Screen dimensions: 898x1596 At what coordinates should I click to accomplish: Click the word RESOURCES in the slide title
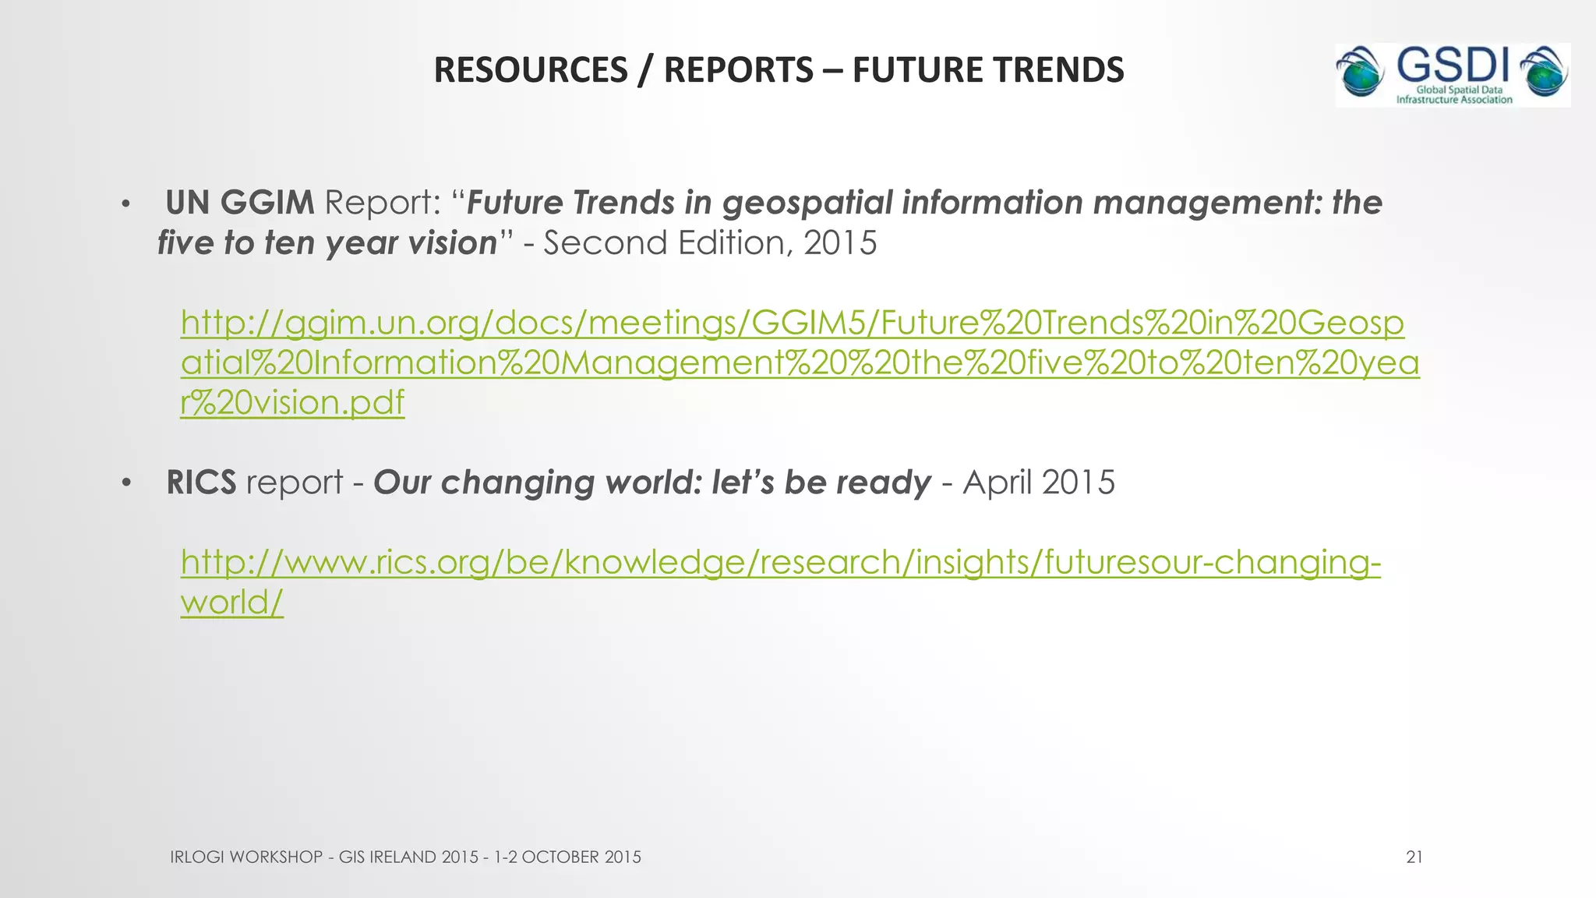pos(530,70)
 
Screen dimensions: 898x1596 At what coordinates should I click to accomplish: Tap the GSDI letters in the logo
pos(1453,65)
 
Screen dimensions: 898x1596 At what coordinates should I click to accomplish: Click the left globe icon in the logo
pos(1360,75)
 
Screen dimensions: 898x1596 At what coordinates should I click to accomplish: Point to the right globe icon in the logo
pos(1545,75)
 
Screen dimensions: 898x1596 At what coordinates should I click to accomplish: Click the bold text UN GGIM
pos(240,203)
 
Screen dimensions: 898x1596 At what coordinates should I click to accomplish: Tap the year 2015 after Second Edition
pos(840,243)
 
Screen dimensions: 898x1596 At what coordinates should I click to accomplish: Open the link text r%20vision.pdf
pos(292,403)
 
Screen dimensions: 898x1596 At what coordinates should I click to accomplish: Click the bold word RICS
pos(201,483)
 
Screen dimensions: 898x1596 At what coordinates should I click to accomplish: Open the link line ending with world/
pos(232,602)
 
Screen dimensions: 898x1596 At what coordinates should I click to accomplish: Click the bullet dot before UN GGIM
pos(125,205)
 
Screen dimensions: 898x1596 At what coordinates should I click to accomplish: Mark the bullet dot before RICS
pos(125,485)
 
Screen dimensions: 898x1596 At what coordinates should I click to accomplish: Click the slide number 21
pos(1414,857)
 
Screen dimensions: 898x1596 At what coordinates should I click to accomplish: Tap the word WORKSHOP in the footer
pos(277,857)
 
